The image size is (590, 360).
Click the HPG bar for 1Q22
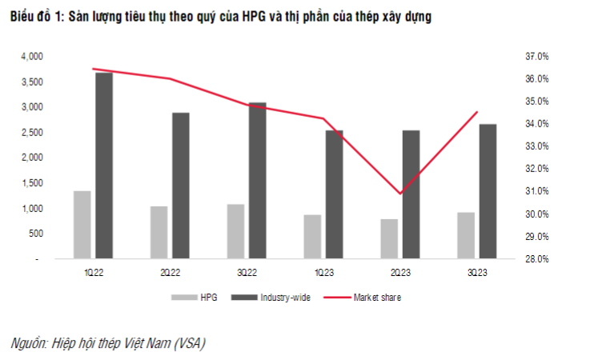click(82, 225)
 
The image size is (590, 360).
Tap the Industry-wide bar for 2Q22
click(181, 186)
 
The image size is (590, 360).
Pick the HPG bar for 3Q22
click(235, 231)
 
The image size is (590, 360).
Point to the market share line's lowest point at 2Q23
click(399, 194)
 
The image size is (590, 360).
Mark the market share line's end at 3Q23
click(477, 112)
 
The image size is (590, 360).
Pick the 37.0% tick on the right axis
click(536, 57)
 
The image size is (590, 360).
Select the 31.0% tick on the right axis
click(536, 192)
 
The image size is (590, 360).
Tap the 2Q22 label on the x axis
click(169, 274)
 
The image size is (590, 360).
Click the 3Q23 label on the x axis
click(476, 274)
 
